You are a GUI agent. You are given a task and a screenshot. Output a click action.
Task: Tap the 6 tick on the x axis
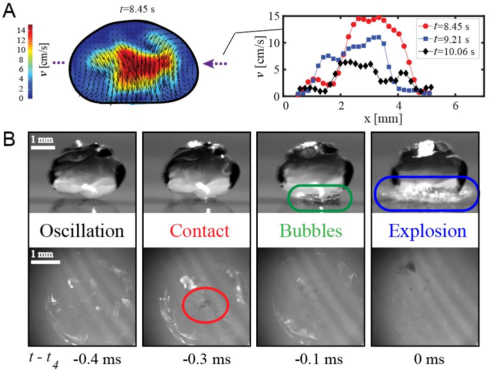tap(455, 106)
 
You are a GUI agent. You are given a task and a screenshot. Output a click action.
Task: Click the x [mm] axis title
tap(383, 118)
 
